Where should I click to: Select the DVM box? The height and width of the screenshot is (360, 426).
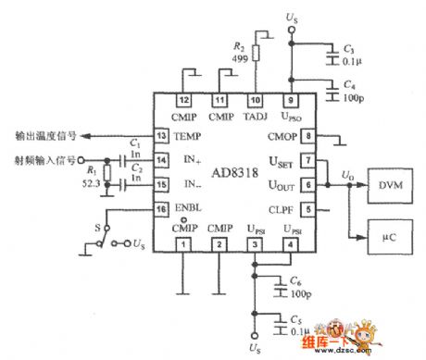pos(389,185)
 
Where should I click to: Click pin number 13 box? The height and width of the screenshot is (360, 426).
pos(161,136)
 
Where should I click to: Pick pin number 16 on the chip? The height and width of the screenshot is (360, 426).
pos(161,210)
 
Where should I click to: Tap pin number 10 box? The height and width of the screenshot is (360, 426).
pos(255,101)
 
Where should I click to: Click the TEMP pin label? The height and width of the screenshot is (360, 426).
pos(186,136)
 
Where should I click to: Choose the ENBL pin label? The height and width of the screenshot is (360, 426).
pos(186,210)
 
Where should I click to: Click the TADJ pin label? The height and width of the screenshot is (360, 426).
pos(255,118)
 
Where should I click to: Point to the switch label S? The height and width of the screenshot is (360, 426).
pos(94,226)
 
